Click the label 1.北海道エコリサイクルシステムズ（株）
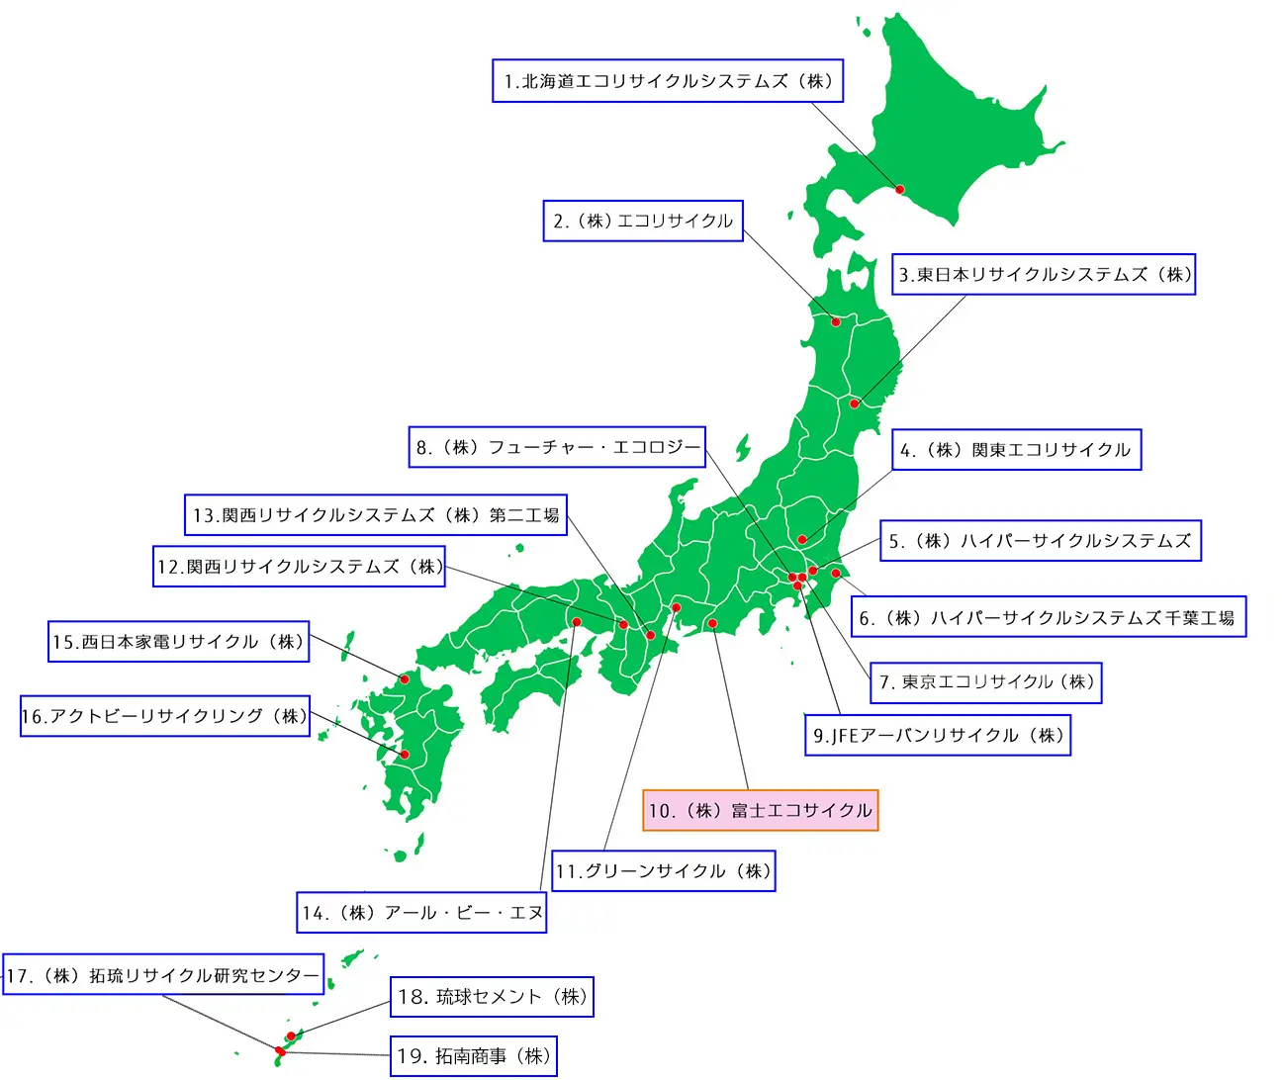click(x=668, y=81)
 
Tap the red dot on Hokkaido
click(x=900, y=189)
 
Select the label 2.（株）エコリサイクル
click(x=643, y=221)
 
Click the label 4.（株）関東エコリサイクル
click(x=1016, y=450)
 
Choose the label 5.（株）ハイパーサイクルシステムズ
click(x=1041, y=541)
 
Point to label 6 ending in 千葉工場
click(x=1048, y=618)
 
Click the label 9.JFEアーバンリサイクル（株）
click(x=938, y=735)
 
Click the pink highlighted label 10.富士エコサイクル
click(x=760, y=811)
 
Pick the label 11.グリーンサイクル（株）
click(x=663, y=871)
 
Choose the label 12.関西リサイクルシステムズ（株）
click(x=300, y=567)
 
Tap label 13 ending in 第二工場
click(x=376, y=515)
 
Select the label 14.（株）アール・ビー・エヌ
click(x=421, y=913)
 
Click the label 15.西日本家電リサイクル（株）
click(x=179, y=642)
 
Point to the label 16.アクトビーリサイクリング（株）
click(x=165, y=716)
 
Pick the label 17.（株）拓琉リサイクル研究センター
click(x=162, y=976)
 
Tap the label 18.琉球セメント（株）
click(x=492, y=997)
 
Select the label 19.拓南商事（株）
click(x=474, y=1056)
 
